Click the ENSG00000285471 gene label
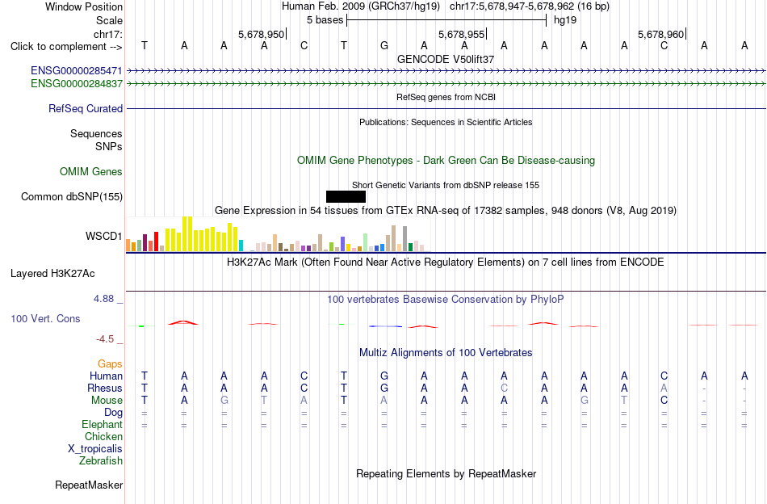77,71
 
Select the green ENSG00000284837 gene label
77,84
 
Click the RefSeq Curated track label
86,108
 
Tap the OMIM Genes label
91,172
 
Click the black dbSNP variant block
346,197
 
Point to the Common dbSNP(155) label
72,197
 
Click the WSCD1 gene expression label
103,237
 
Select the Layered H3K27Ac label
52,274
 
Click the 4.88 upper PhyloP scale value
103,299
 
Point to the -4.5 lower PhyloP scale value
105,339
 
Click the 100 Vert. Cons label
45,318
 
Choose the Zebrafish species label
101,461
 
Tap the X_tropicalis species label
95,449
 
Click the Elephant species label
103,424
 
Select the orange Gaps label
110,364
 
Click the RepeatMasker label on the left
89,485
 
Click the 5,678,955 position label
461,34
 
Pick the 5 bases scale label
325,20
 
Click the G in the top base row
384,45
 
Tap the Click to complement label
58,47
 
